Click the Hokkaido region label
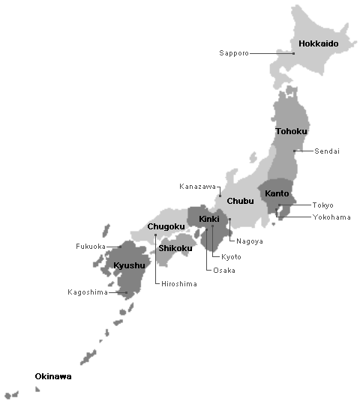click(318, 44)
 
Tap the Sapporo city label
click(233, 53)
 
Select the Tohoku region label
click(291, 132)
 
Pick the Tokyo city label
click(322, 205)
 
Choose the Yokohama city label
click(331, 217)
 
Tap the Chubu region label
click(240, 201)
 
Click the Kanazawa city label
click(197, 186)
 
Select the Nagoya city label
click(248, 241)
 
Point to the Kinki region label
click(208, 219)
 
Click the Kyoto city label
click(232, 257)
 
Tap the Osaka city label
click(223, 271)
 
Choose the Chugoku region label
click(166, 226)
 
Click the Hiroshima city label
click(179, 284)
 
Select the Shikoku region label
click(175, 248)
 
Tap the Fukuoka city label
click(91, 247)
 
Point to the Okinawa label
click(53, 376)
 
